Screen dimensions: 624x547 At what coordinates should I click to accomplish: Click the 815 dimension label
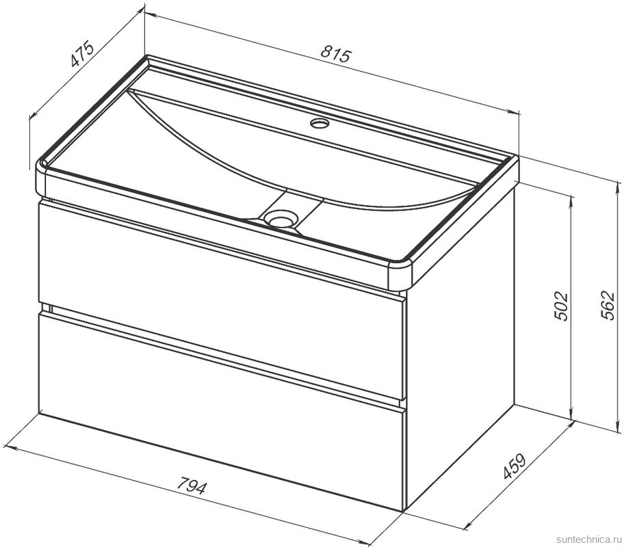(335, 55)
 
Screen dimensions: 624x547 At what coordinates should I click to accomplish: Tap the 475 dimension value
(82, 53)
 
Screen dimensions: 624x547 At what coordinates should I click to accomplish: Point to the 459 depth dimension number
(514, 466)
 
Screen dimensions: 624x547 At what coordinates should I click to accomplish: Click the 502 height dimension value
(560, 306)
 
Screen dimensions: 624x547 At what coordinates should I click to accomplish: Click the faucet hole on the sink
(319, 123)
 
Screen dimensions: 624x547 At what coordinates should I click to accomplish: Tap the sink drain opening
(282, 219)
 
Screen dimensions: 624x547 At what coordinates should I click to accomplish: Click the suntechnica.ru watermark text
(589, 539)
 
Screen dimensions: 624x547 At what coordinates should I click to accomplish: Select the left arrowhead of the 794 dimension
(10, 449)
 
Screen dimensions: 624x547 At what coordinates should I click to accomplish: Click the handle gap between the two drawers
(223, 353)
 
